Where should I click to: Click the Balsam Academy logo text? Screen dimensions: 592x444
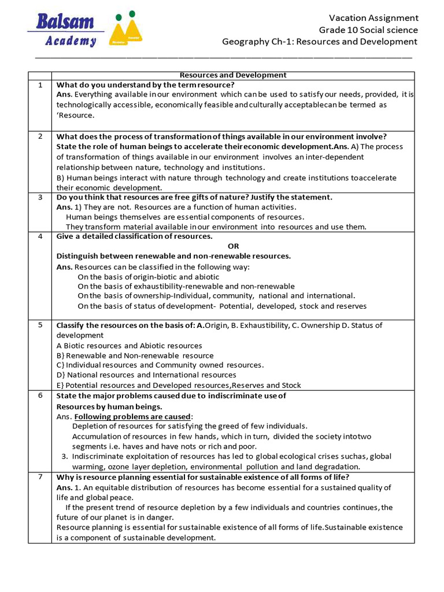click(x=65, y=30)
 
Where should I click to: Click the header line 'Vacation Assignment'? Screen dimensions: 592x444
click(x=373, y=18)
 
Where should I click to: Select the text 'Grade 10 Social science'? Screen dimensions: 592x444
click(x=368, y=30)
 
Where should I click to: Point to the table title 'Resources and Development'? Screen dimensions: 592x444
click(x=233, y=75)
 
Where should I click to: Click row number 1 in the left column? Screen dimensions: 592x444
click(x=40, y=85)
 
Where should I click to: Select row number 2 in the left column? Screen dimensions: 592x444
click(x=40, y=136)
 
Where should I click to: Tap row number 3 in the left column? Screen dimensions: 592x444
click(x=40, y=197)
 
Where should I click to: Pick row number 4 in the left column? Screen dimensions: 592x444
click(x=40, y=236)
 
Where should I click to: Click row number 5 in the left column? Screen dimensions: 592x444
click(x=40, y=325)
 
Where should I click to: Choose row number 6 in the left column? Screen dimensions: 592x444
click(x=40, y=395)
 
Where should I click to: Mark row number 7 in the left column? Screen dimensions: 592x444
click(x=40, y=477)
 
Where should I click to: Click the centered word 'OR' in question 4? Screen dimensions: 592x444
click(x=233, y=246)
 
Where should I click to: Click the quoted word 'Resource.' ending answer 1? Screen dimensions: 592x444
click(x=75, y=115)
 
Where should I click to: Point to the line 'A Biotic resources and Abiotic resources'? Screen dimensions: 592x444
click(x=129, y=346)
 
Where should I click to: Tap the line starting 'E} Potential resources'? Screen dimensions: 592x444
click(x=178, y=385)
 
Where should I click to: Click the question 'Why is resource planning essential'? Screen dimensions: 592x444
click(x=202, y=477)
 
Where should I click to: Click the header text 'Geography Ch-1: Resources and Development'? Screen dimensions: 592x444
click(x=320, y=42)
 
